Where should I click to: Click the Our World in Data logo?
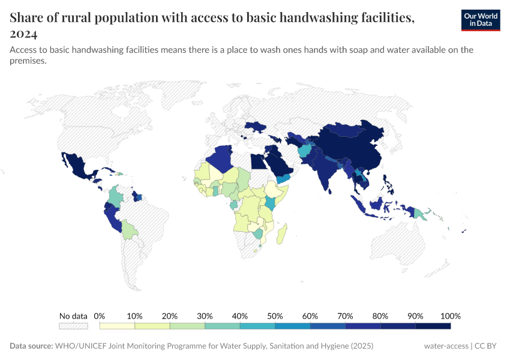[481, 20]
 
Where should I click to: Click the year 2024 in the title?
[24, 34]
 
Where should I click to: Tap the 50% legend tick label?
[275, 316]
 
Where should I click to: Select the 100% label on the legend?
[450, 316]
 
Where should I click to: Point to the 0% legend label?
[100, 316]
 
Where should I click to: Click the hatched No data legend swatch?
[73, 326]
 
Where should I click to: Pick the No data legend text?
[73, 316]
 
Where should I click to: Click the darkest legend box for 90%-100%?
[433, 326]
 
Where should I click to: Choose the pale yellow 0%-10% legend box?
[117, 326]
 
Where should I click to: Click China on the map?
[354, 150]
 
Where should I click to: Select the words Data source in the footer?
[31, 346]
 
